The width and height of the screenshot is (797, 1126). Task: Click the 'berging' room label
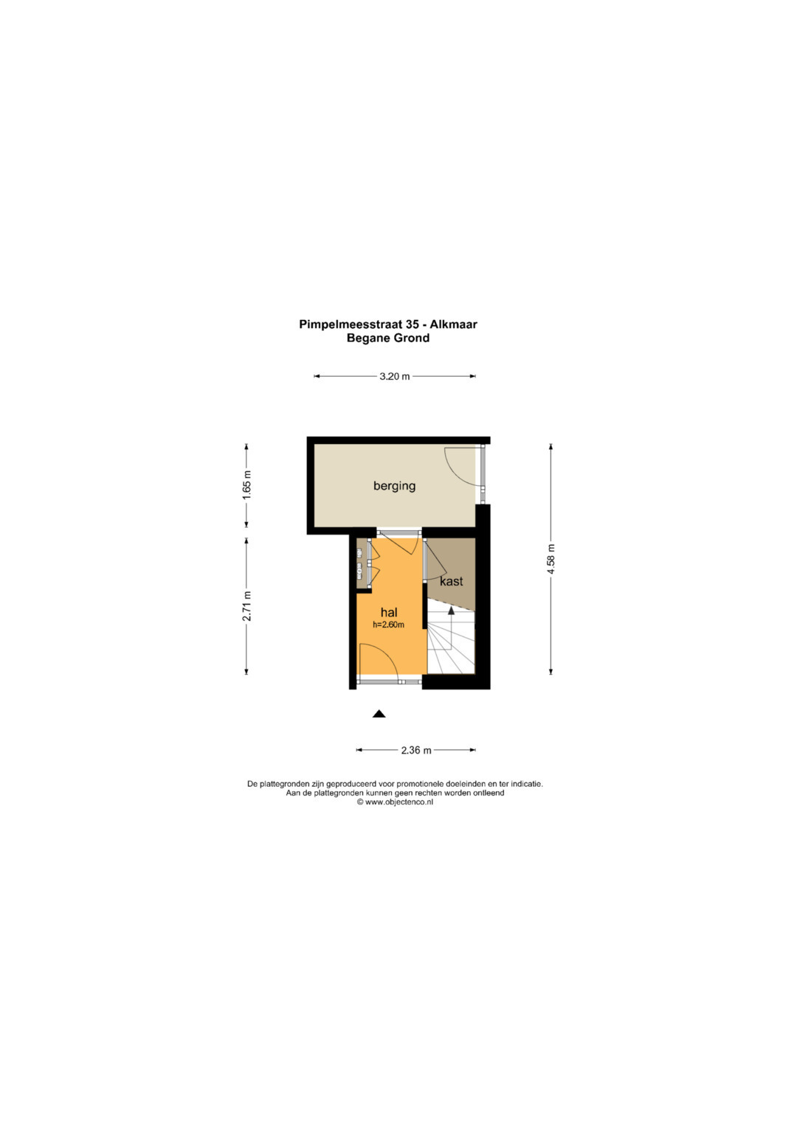[394, 486]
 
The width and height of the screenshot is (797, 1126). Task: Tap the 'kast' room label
[451, 581]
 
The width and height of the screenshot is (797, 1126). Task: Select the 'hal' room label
[389, 612]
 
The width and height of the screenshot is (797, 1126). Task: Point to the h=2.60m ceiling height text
[388, 625]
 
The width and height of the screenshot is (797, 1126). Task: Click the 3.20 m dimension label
[395, 376]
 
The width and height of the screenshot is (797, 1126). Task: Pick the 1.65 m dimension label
[246, 485]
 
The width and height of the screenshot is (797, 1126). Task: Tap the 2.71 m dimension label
[246, 605]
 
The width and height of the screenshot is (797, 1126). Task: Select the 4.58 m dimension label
[551, 559]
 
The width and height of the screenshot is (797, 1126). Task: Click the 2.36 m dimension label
[416, 750]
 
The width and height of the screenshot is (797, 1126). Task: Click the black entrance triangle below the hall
[379, 714]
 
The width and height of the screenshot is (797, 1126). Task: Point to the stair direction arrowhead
[451, 611]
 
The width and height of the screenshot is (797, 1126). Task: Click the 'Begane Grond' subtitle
[388, 338]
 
